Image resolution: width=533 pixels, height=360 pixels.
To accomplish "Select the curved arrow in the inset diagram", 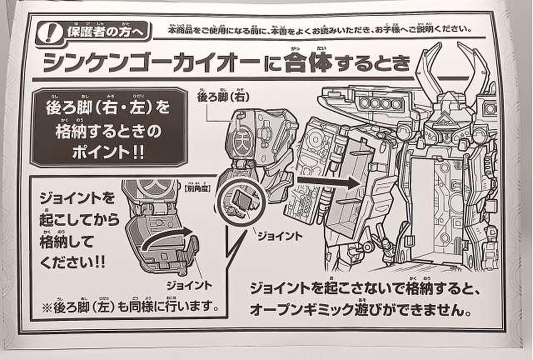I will (x=167, y=237).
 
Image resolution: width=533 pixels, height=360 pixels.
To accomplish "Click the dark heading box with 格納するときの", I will (x=108, y=127).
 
